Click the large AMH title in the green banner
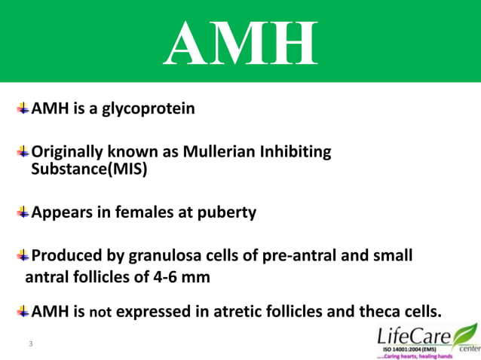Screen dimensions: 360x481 pos(240,43)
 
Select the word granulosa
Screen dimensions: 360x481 pos(180,256)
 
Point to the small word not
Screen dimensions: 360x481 pos(100,312)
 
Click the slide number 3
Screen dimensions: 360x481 pos(30,344)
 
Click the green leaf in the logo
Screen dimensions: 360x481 pos(464,332)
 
